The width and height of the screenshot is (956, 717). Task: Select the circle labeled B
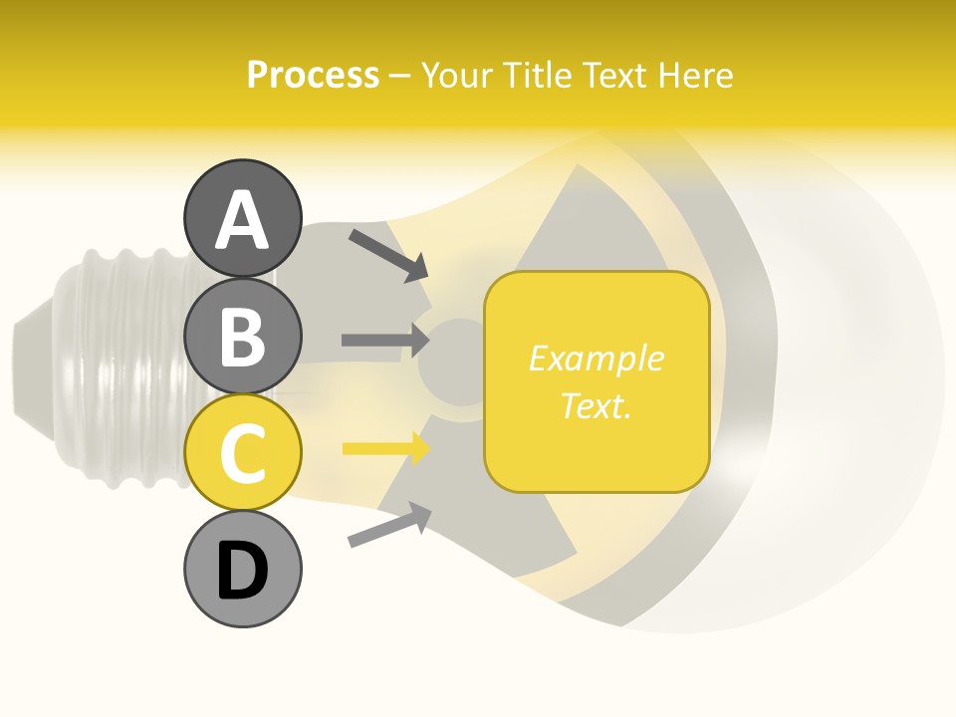pyautogui.click(x=243, y=336)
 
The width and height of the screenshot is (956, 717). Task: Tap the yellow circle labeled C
pyautogui.click(x=243, y=452)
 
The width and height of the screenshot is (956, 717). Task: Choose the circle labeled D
pyautogui.click(x=243, y=570)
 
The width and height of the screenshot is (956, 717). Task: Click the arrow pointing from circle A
pyautogui.click(x=388, y=254)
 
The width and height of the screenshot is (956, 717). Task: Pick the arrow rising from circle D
pyautogui.click(x=389, y=525)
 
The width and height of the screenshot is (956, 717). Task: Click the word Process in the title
pyautogui.click(x=313, y=75)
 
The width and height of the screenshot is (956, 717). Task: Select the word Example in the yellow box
pyautogui.click(x=596, y=358)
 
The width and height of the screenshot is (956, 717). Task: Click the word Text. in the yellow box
pyautogui.click(x=596, y=405)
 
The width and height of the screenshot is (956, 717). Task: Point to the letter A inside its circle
pyautogui.click(x=243, y=220)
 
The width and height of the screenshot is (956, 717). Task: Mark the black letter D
pyautogui.click(x=243, y=572)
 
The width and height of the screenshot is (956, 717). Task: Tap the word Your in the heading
pyautogui.click(x=456, y=75)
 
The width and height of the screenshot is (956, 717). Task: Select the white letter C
pyautogui.click(x=243, y=454)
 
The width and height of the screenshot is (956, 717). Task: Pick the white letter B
pyautogui.click(x=243, y=338)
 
